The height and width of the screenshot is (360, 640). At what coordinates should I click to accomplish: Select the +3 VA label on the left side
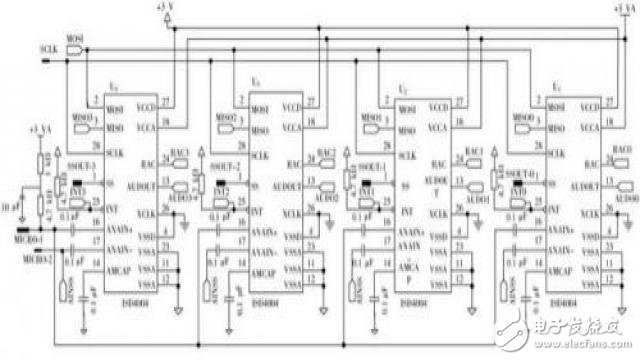click(x=41, y=130)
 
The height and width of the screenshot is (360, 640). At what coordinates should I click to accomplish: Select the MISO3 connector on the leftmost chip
click(x=86, y=118)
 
